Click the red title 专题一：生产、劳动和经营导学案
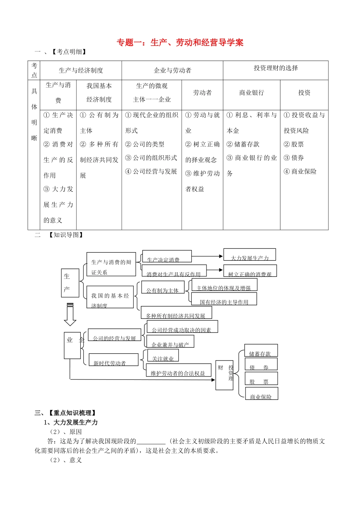(180, 42)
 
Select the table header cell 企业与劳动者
(172, 70)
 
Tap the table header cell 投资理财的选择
(275, 68)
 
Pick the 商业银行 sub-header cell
(252, 93)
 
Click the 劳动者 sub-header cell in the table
(202, 93)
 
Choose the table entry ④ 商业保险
(300, 172)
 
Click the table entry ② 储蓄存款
(243, 144)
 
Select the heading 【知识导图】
(66, 235)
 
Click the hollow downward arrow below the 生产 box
(70, 314)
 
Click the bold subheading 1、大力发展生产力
(71, 422)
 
